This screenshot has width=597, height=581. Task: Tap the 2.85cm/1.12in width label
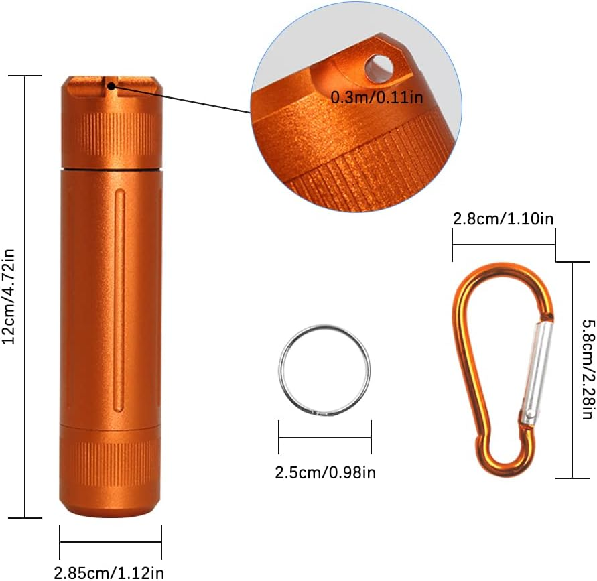point(109,572)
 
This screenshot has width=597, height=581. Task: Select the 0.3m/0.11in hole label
point(377,97)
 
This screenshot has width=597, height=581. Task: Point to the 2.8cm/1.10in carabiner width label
point(503,218)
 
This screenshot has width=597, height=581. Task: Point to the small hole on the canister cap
point(109,84)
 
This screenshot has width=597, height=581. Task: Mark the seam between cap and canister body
point(111,168)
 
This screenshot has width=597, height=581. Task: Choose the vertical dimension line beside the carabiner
point(572,370)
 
